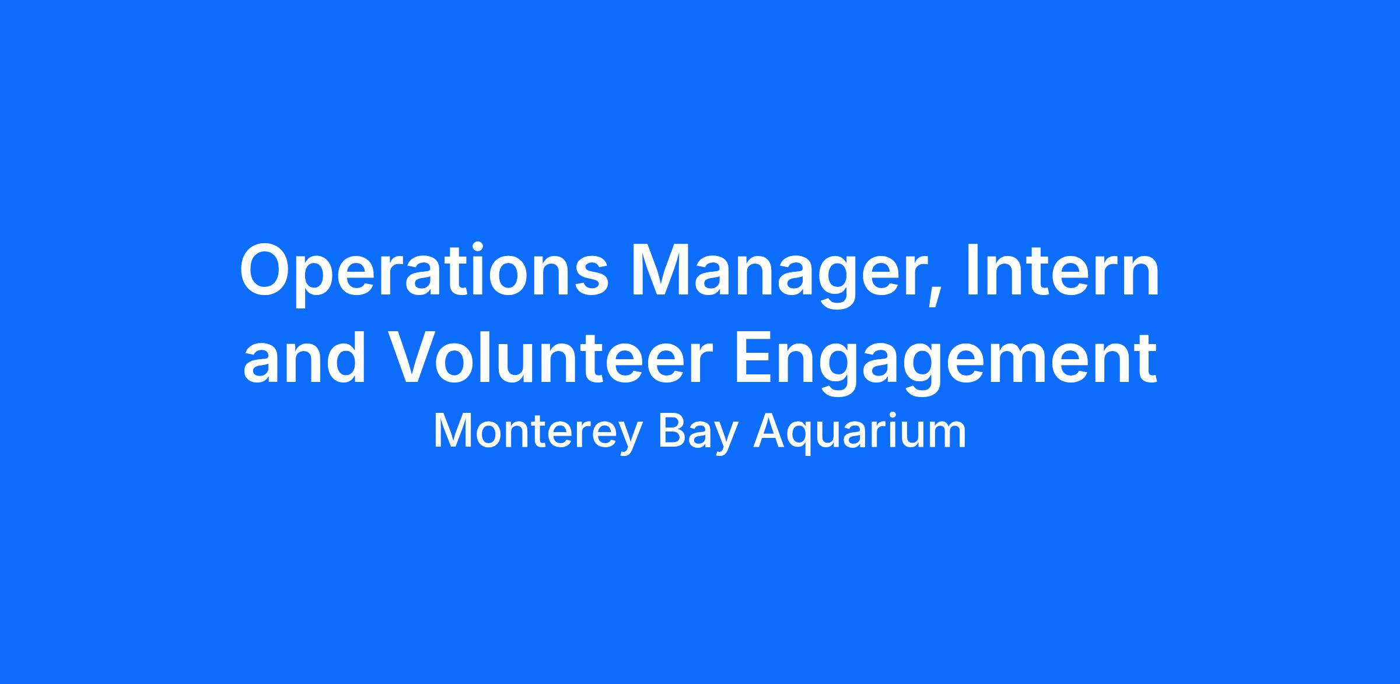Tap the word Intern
[1062, 269]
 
